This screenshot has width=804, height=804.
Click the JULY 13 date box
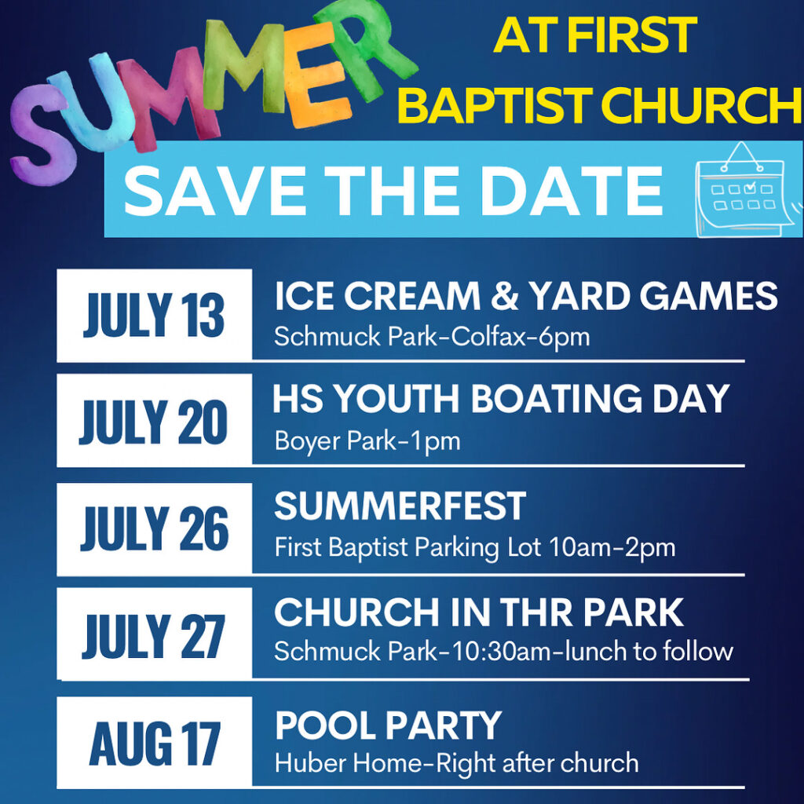coord(155,316)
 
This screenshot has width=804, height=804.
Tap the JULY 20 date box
coord(155,420)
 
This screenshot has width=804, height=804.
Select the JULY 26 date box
coord(155,529)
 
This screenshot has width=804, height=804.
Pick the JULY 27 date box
coord(155,634)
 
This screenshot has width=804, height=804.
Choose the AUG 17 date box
coord(155,743)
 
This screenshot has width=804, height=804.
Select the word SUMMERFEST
coord(400,506)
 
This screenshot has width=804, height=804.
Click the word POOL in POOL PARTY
coord(326,725)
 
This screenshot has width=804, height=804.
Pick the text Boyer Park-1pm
coord(367,441)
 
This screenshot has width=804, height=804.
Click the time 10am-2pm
coord(612,547)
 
